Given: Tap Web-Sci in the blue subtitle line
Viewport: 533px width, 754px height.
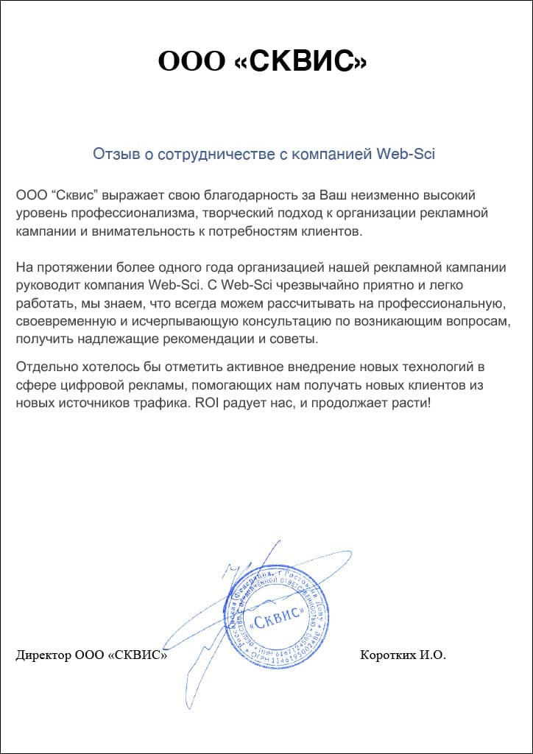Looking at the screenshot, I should (406, 154).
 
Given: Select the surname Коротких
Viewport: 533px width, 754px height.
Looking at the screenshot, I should (385, 655).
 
